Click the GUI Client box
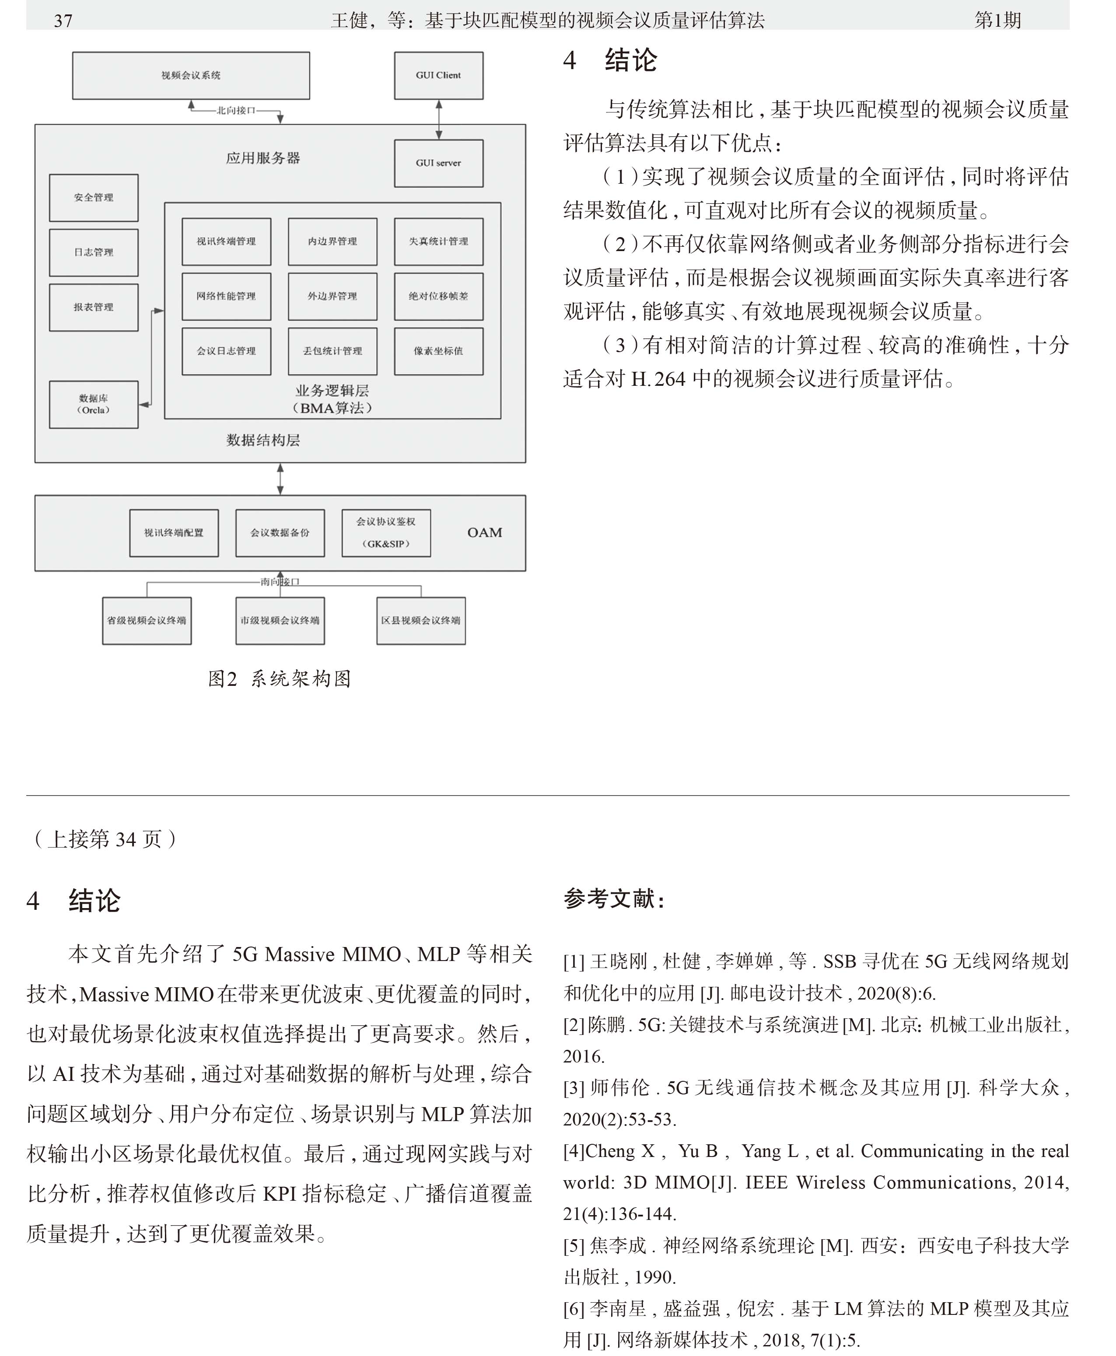tap(438, 75)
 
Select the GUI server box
tap(438, 163)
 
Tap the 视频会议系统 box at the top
tap(191, 75)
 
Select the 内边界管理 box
tap(332, 241)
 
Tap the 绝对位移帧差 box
tap(438, 296)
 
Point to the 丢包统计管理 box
tap(332, 351)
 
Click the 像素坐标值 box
tap(438, 351)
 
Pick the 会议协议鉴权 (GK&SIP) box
tap(386, 533)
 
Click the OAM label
tap(485, 532)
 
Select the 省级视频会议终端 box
tap(147, 621)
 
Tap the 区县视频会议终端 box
tap(421, 621)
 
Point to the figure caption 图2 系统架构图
tap(280, 678)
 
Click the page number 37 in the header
tap(63, 21)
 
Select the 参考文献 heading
tap(614, 898)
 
